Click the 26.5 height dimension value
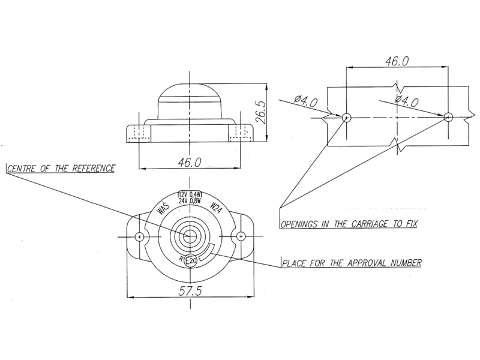coord(261,112)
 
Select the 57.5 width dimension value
coord(190,291)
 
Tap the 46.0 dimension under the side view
coord(190,162)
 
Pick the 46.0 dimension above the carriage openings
coord(397,62)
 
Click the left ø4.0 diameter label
coord(306,101)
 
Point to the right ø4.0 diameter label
coord(407,101)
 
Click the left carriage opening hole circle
coord(347,117)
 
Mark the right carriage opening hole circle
coord(448,117)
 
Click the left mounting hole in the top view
coord(139,236)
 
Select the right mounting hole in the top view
coord(241,236)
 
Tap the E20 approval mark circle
coord(191,261)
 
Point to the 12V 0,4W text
coord(190,194)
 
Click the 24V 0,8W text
coord(190,201)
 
